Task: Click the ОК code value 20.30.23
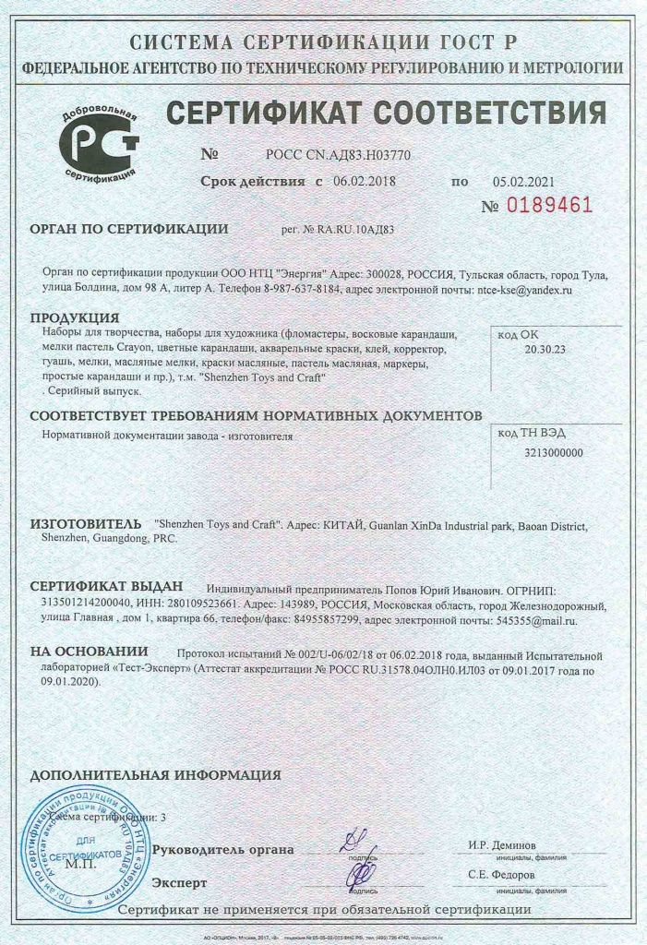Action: pyautogui.click(x=545, y=350)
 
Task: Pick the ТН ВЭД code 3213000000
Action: pyautogui.click(x=554, y=452)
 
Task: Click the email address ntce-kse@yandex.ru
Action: pyautogui.click(x=524, y=289)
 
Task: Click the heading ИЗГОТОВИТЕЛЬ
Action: pyautogui.click(x=86, y=523)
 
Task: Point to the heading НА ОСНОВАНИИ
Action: pyautogui.click(x=89, y=651)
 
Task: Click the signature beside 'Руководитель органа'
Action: pyautogui.click(x=353, y=843)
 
